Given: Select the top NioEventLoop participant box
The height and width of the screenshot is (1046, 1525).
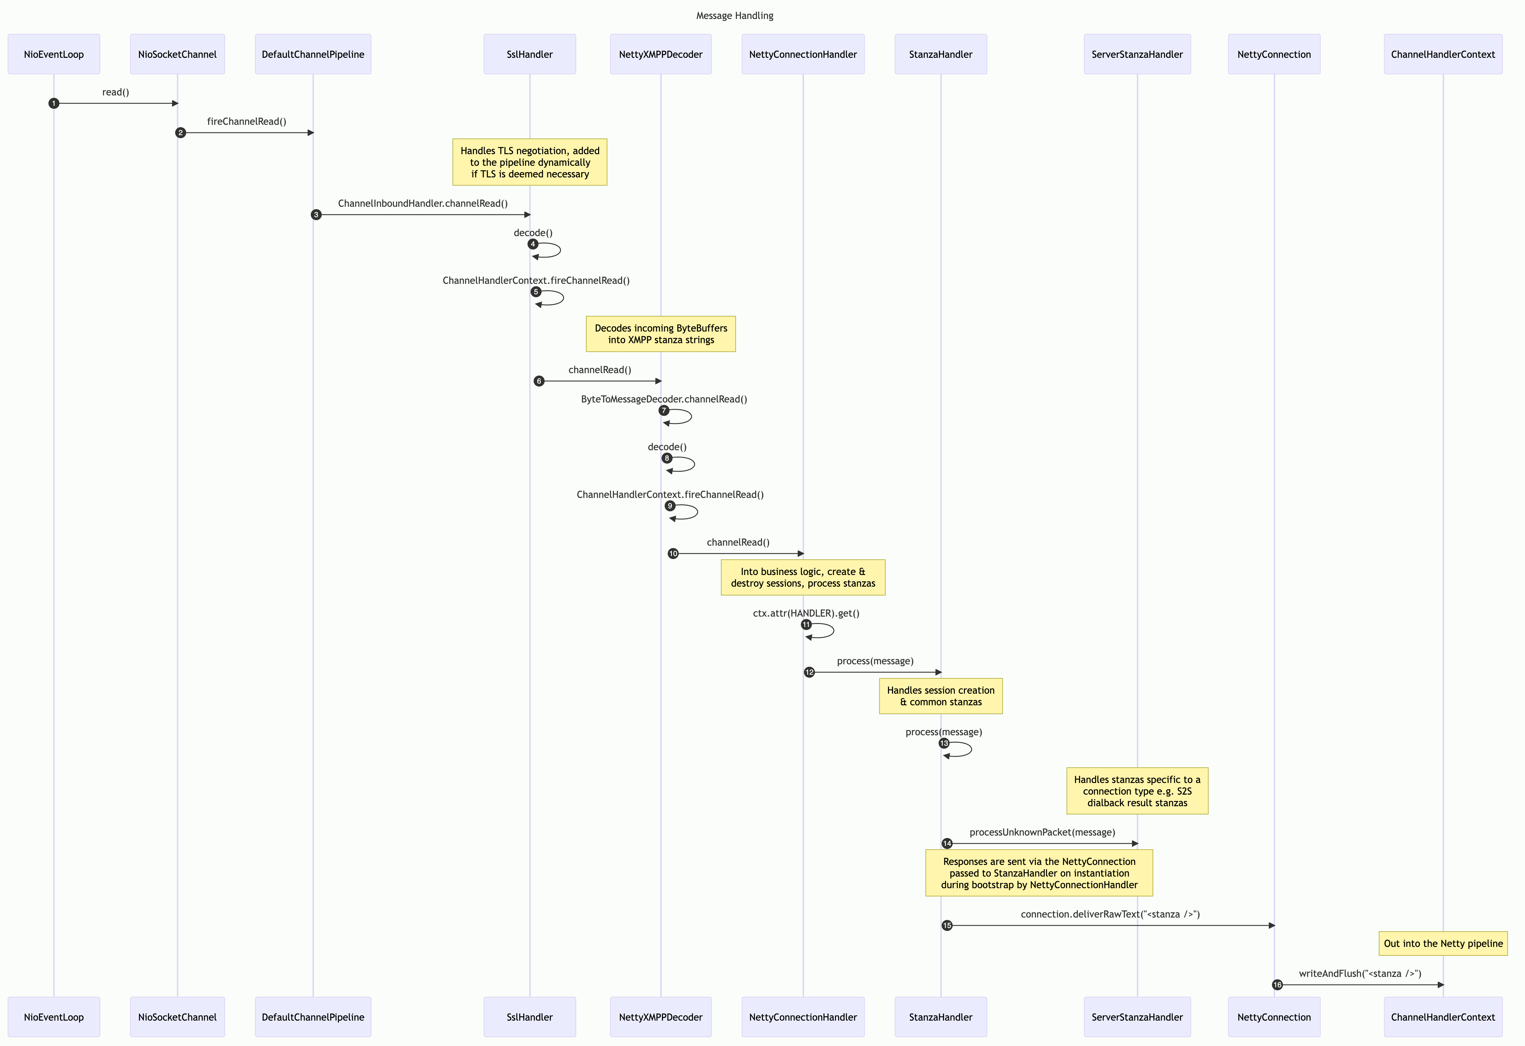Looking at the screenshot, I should coord(54,54).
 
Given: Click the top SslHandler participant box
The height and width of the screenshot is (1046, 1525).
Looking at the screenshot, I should coord(530,54).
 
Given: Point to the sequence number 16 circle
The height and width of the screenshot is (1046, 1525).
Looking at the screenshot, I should coord(1277,985).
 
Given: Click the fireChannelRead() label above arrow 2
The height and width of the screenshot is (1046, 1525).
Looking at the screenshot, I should coord(247,121).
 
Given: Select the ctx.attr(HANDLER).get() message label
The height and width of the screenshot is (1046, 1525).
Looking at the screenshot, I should coord(806,613).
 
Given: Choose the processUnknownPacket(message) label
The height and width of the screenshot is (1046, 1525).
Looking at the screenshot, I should coord(1042,832).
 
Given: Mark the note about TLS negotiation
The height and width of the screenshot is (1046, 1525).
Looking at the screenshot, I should coord(530,162).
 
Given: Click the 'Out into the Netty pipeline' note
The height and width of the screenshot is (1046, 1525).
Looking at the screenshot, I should coord(1443,944).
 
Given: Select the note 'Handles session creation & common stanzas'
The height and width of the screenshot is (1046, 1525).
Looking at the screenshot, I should coord(940,696).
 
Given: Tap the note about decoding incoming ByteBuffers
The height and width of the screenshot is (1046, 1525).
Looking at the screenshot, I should coord(661,334).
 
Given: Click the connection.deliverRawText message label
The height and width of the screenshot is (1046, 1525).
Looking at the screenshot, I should coord(1110,914).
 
